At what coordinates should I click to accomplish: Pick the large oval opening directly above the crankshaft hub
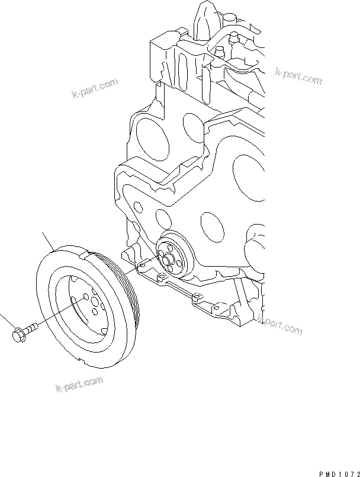tap(211, 224)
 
